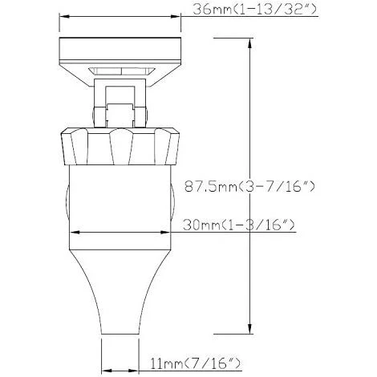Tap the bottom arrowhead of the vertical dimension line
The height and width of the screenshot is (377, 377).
(x=252, y=332)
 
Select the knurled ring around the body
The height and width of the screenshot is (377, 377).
(x=120, y=144)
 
